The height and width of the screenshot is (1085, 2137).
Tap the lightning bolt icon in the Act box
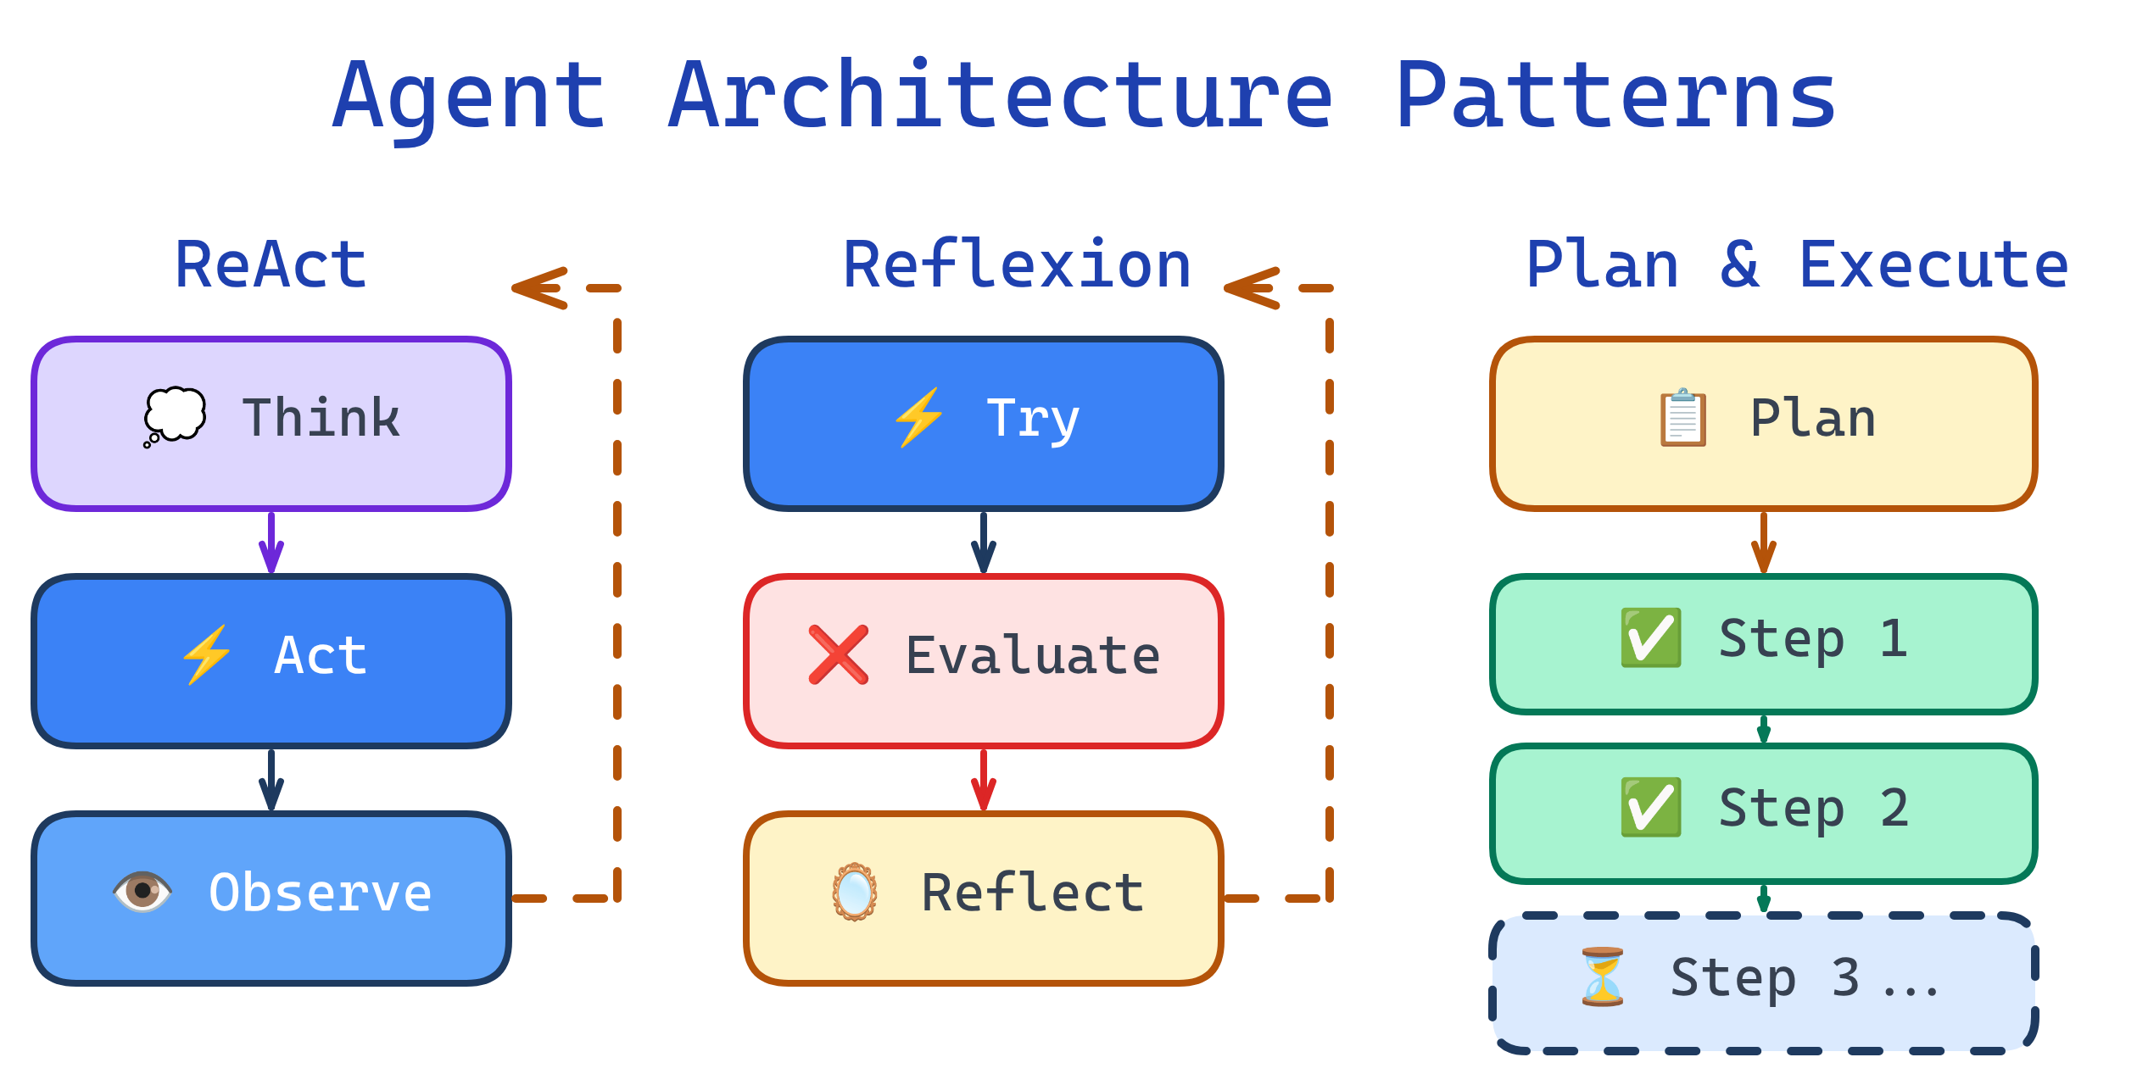[x=207, y=654]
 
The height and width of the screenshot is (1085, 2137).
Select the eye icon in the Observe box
[x=142, y=892]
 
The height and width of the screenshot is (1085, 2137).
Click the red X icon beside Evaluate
[x=838, y=654]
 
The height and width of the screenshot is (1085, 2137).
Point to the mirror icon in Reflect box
[x=854, y=892]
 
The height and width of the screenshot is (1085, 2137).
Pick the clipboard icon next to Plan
[x=1682, y=417]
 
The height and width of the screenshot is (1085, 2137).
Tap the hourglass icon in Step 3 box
[x=1602, y=976]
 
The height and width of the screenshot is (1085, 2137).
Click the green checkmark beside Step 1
[x=1650, y=637]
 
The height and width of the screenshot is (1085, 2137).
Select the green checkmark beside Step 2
[x=1650, y=807]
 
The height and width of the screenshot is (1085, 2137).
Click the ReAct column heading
[x=271, y=265]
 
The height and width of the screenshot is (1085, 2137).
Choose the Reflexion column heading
[x=1017, y=265]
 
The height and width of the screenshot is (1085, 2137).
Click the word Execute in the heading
[x=1933, y=265]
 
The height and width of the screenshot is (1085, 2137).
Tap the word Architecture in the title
[x=1001, y=96]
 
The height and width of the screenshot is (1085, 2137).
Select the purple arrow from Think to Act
[x=271, y=542]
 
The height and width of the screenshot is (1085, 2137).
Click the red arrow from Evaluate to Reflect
[x=984, y=780]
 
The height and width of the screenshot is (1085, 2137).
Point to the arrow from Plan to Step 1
[x=1764, y=542]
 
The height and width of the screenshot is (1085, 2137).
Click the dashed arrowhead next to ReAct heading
[x=539, y=288]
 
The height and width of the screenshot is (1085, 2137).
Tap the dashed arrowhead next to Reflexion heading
[x=1252, y=288]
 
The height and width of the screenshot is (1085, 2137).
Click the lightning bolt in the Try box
[x=918, y=417]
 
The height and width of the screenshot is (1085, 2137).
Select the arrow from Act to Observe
[x=271, y=780]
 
